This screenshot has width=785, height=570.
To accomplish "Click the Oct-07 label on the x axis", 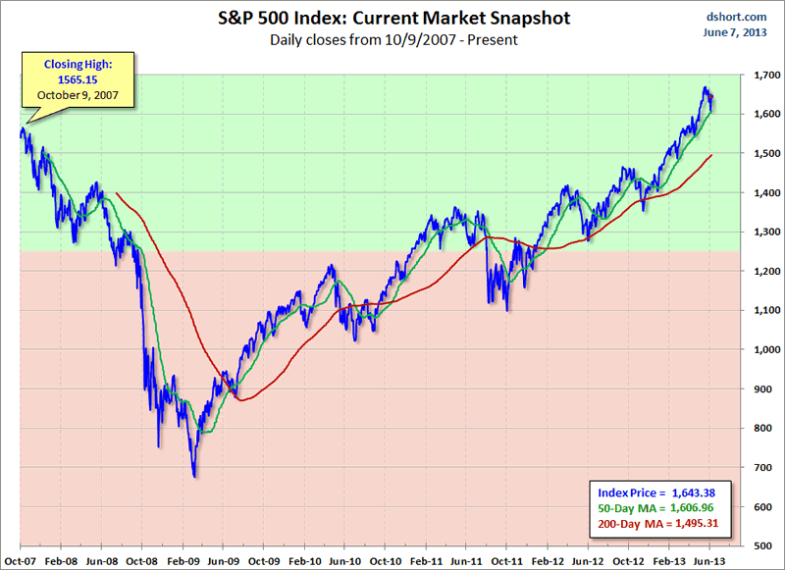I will pyautogui.click(x=20, y=558).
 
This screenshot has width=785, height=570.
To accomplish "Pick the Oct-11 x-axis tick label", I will pyautogui.click(x=506, y=558).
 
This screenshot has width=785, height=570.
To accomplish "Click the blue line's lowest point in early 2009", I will pyautogui.click(x=194, y=477).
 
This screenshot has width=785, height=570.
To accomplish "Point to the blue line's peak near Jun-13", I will pyautogui.click(x=706, y=87).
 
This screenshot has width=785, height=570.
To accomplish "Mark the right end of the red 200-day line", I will pyautogui.click(x=712, y=155).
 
